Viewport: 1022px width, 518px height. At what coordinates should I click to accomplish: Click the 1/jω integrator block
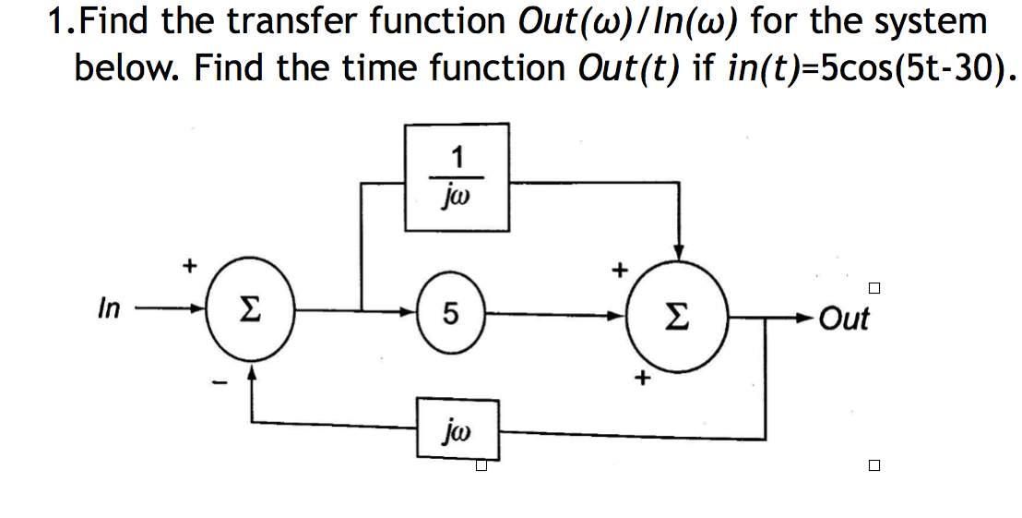coord(457,176)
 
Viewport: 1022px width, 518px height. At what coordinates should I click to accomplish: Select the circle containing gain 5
coord(449,315)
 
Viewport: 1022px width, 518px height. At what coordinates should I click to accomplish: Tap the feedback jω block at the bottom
coord(458,429)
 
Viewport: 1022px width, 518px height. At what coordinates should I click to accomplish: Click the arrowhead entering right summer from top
coord(679,250)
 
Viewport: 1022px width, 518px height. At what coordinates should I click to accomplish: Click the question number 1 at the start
coord(58,22)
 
